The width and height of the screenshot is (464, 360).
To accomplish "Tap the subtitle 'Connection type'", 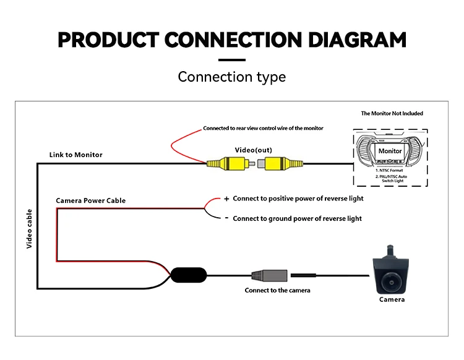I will (x=232, y=77).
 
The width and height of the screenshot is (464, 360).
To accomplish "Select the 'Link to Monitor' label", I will (x=76, y=154).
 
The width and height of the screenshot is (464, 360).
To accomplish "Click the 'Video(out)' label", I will (x=253, y=150).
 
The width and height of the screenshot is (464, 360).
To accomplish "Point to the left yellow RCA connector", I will (x=226, y=164).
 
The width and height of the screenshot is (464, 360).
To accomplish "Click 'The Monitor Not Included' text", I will (x=392, y=114).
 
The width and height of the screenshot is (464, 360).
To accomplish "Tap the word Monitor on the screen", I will (x=390, y=151).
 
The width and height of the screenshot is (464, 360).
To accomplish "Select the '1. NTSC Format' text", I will (x=390, y=169).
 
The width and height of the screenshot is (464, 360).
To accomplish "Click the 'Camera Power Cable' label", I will (x=90, y=200).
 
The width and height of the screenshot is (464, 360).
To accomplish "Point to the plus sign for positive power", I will (x=226, y=199).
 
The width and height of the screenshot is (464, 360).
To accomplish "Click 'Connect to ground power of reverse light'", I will (x=297, y=218).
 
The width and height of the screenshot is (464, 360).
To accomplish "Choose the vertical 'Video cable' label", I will (x=29, y=229).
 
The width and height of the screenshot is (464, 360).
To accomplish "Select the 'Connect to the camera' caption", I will (x=277, y=290).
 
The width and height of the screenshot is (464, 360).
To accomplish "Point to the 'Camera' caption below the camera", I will (x=392, y=299).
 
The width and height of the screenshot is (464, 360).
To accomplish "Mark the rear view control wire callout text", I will (x=263, y=129).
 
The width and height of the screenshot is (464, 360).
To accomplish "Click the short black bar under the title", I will (x=232, y=60).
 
